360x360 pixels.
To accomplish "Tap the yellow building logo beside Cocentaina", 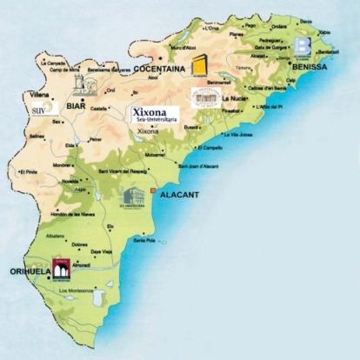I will point(201,63).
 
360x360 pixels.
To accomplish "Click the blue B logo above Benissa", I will point(303,46).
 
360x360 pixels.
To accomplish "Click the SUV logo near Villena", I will point(39,110).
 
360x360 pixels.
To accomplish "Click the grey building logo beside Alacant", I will point(132,199).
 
